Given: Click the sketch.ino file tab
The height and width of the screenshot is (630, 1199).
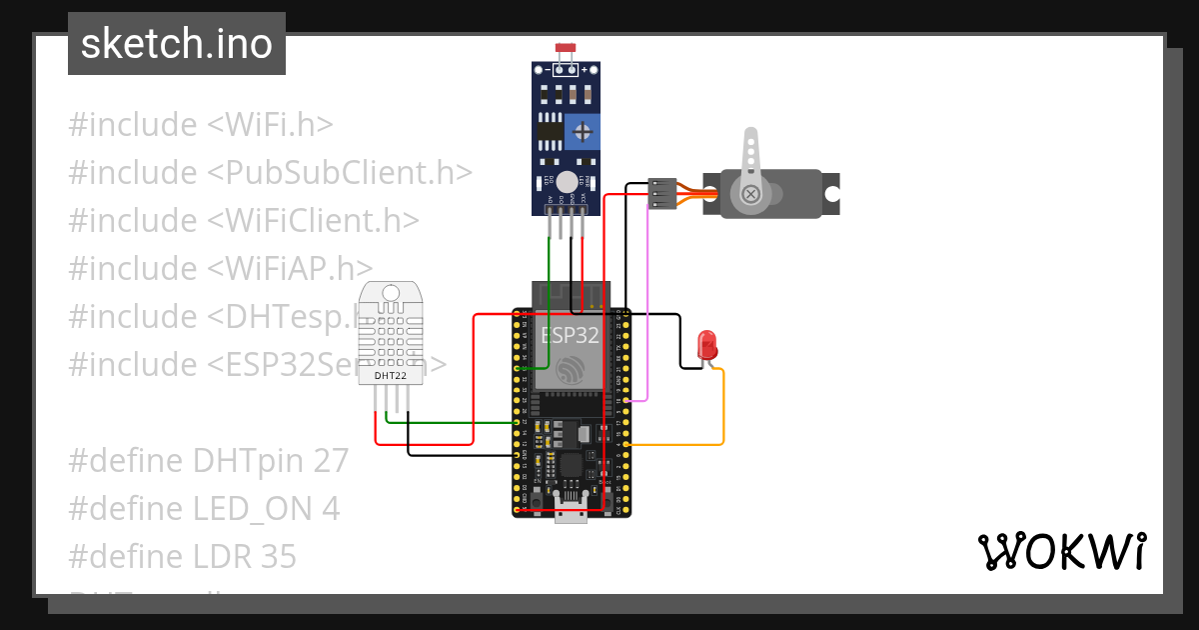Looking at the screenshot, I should click(177, 44).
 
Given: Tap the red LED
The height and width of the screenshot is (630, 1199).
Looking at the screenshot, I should click(707, 344).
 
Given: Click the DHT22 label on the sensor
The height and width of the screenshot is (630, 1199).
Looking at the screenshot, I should click(390, 376).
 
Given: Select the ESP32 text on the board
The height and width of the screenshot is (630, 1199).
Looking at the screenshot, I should click(570, 334).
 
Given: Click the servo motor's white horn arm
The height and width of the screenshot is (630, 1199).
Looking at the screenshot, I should click(749, 160).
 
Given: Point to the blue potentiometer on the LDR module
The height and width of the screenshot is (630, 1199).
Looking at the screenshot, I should click(582, 130).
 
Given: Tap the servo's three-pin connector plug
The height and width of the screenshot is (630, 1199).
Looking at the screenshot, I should click(661, 193).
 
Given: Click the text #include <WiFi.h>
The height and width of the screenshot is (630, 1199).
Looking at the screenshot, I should click(200, 125).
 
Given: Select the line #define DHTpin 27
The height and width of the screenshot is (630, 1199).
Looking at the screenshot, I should click(208, 460).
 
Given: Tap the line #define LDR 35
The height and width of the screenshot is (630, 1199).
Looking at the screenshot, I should click(182, 556).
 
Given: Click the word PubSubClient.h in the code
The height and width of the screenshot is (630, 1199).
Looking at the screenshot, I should click(340, 173).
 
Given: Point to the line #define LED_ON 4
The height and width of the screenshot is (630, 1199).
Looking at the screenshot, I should click(204, 508).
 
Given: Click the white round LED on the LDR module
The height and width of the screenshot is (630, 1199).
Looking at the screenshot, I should click(567, 182).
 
